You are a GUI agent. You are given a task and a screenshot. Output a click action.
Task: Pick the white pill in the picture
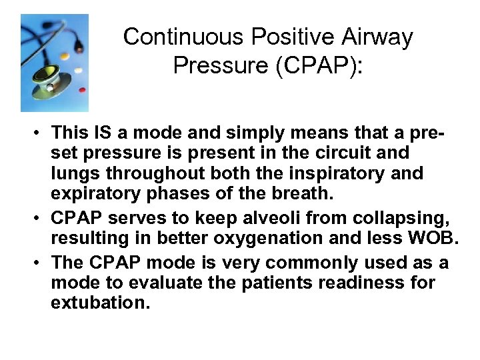79,69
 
